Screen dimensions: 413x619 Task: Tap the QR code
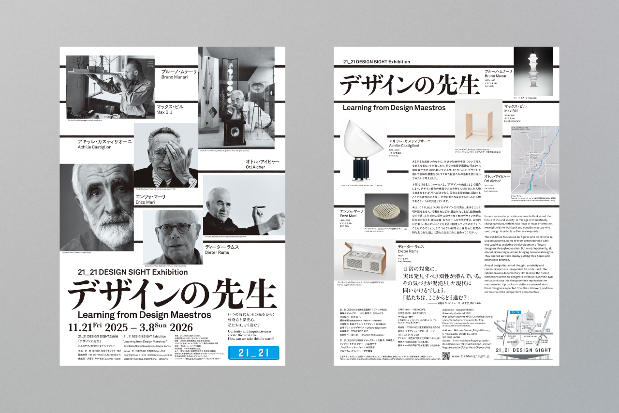pos(446,355)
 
